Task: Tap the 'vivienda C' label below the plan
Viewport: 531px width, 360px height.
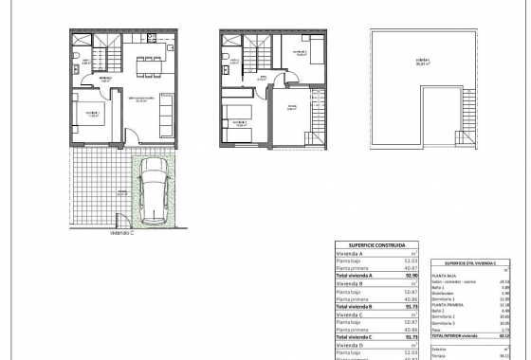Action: pyautogui.click(x=120, y=233)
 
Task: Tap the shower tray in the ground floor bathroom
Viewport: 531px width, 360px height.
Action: pyautogui.click(x=81, y=45)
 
